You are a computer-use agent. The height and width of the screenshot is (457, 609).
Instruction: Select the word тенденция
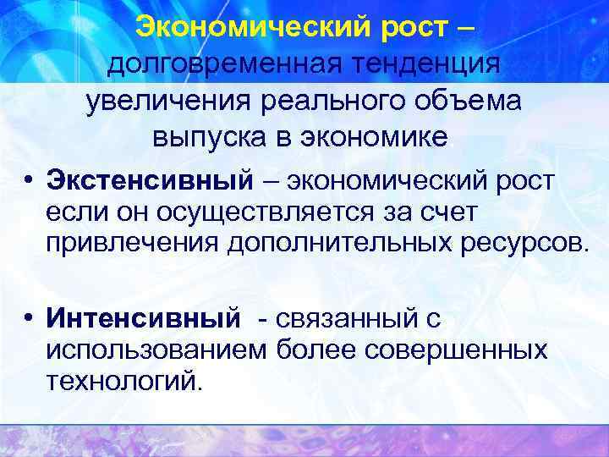(x=427, y=63)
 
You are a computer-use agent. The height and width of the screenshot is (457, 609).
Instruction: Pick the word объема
(x=469, y=100)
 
